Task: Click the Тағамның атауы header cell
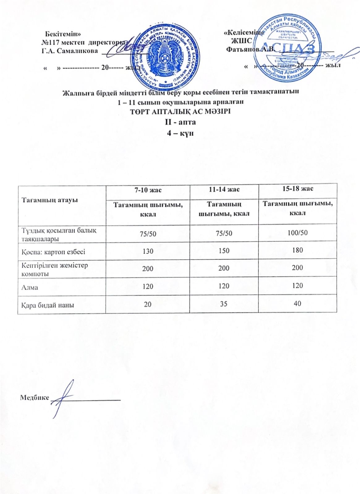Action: [x=49, y=200]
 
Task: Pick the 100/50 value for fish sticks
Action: [x=298, y=233]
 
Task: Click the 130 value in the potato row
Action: [x=148, y=251]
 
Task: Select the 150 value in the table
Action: [x=224, y=250]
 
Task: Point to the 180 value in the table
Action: [x=297, y=250]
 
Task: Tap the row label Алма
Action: [x=30, y=287]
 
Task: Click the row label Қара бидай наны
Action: [x=48, y=305]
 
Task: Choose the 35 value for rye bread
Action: [x=224, y=304]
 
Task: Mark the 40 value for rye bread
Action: [x=297, y=303]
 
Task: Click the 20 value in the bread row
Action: [x=148, y=304]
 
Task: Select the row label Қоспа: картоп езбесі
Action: [x=53, y=251]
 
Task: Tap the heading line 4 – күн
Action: [x=180, y=133]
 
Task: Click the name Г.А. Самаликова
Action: [x=70, y=51]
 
